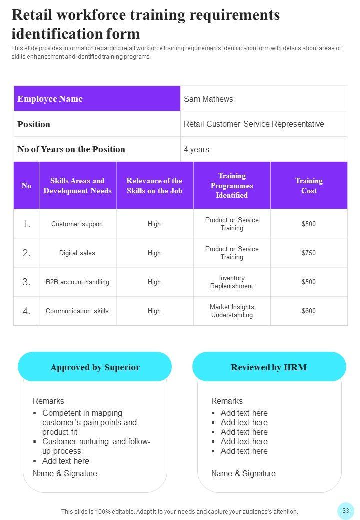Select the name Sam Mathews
click(x=208, y=99)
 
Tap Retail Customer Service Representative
click(x=254, y=124)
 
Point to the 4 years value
click(x=196, y=149)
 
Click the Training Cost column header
click(x=309, y=186)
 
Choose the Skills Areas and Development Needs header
click(x=77, y=186)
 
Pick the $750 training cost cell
click(x=309, y=253)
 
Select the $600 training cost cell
click(x=309, y=311)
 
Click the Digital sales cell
click(x=77, y=253)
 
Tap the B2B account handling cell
click(x=77, y=282)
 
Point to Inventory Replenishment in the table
click(x=232, y=282)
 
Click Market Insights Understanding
click(x=232, y=311)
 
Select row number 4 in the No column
click(x=26, y=311)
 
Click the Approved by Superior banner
click(x=95, y=367)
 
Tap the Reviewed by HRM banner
click(x=269, y=367)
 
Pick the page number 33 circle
click(x=345, y=510)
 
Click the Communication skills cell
click(x=77, y=311)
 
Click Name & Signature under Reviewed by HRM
click(x=243, y=473)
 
